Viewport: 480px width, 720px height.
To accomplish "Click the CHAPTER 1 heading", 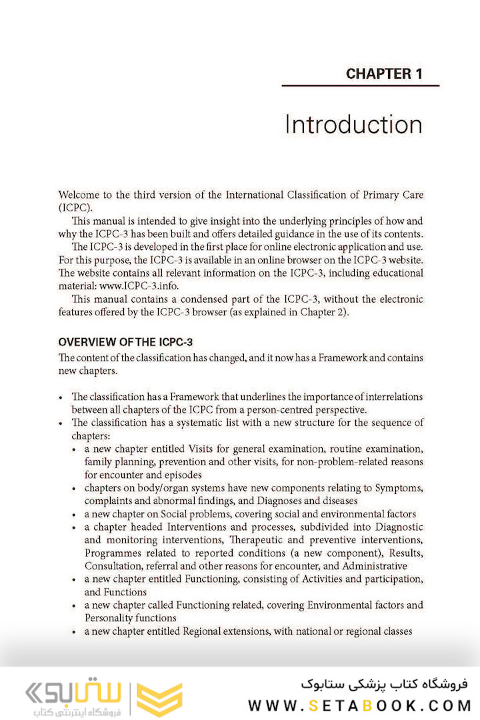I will tap(384, 74).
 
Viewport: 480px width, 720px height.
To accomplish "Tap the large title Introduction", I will tap(353, 125).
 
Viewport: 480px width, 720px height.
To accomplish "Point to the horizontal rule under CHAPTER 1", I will tap(360, 86).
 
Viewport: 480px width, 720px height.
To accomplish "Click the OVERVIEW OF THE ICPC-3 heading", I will tap(125, 343).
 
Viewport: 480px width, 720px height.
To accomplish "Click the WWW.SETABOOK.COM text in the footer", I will tap(359, 705).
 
